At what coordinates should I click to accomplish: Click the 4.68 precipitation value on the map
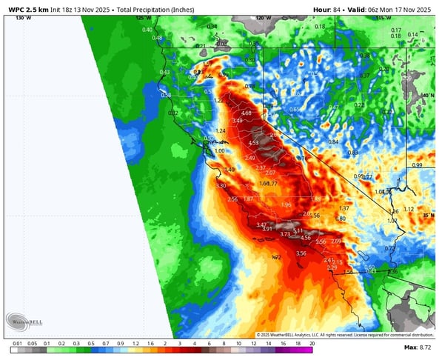(x=247, y=113)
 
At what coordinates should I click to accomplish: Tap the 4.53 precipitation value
(x=253, y=143)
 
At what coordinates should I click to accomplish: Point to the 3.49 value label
(x=237, y=121)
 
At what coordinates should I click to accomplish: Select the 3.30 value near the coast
(x=221, y=186)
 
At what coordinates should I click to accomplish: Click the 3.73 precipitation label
(x=285, y=234)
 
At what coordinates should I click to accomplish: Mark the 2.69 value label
(x=336, y=241)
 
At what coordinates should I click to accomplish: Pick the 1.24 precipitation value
(x=220, y=131)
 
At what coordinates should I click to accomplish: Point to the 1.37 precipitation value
(x=344, y=208)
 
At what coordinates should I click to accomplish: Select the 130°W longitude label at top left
(x=23, y=17)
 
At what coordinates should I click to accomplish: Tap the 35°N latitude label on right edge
(x=428, y=216)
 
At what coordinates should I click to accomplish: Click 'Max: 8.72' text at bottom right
(x=418, y=347)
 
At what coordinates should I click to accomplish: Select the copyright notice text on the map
(x=344, y=335)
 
